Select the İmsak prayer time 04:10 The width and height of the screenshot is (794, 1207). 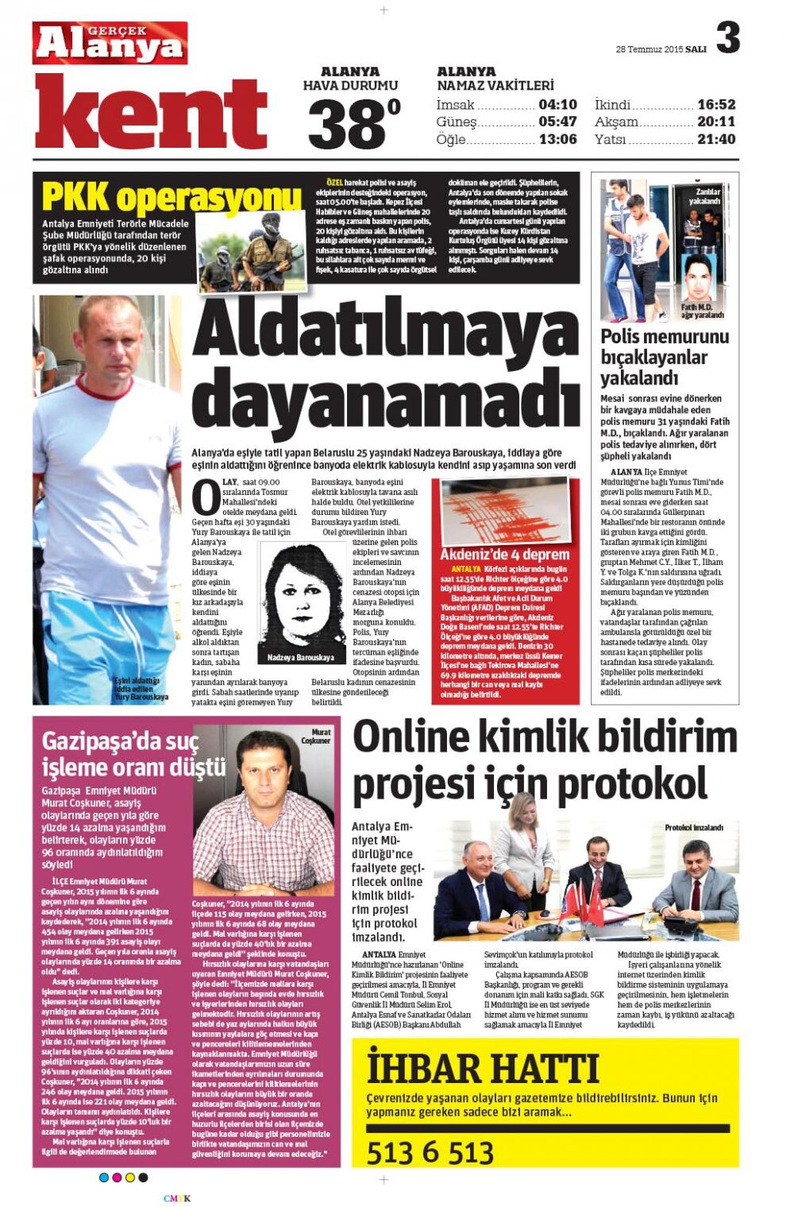tap(557, 104)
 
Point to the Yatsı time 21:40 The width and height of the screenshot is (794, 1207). tap(715, 139)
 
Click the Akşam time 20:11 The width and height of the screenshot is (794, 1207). tap(715, 122)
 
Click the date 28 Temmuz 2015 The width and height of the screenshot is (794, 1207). tap(649, 49)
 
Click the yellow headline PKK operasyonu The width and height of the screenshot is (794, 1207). tap(171, 197)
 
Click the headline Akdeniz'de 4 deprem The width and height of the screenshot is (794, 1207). tap(504, 554)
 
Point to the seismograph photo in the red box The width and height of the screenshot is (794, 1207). tap(505, 511)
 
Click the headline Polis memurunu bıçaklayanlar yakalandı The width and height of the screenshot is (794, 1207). tap(664, 357)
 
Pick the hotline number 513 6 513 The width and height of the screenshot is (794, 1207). tap(430, 1151)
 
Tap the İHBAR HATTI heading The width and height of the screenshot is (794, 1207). tap(482, 1069)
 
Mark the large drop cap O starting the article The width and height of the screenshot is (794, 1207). tap(206, 497)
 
